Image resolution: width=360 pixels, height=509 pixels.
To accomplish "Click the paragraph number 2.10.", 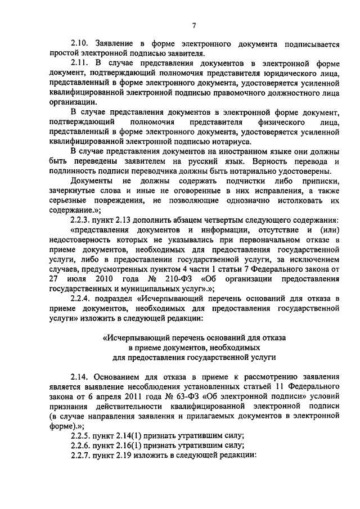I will pyautogui.click(x=82, y=43).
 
